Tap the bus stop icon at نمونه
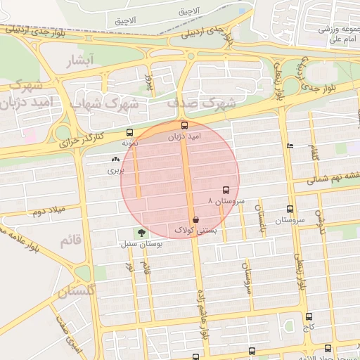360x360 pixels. pos(129,132)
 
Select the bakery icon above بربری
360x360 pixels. pos(115,160)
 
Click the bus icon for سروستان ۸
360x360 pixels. pos(226,190)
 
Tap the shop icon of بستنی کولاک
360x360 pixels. pos(185,220)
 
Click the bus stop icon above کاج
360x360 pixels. pos(309,317)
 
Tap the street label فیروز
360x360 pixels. pos(148,84)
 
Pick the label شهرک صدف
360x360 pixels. pos(200,103)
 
